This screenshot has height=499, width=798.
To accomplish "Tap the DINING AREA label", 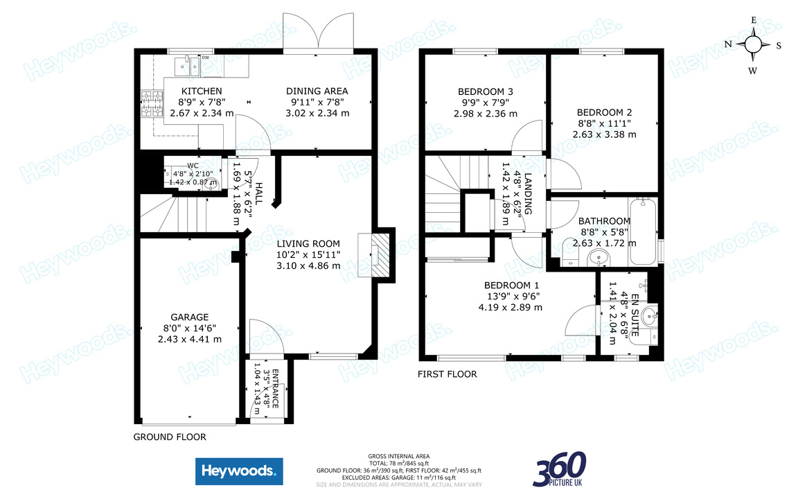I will pyautogui.click(x=317, y=91).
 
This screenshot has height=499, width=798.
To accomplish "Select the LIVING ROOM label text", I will pyautogui.click(x=308, y=243).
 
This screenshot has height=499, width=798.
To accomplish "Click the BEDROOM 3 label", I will pyautogui.click(x=486, y=91).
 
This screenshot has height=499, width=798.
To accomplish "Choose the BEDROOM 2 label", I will pyautogui.click(x=604, y=112).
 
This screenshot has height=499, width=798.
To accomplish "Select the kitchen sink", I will pyautogui.click(x=188, y=67).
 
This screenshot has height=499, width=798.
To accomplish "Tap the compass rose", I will pyautogui.click(x=752, y=45).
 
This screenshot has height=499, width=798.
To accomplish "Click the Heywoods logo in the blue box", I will pyautogui.click(x=239, y=472).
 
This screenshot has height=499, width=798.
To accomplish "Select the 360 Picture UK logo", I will pyautogui.click(x=559, y=469).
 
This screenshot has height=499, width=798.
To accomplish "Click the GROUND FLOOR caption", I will pyautogui.click(x=169, y=437).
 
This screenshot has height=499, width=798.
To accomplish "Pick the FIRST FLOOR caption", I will pyautogui.click(x=447, y=374).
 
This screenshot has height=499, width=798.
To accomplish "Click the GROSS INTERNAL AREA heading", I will pyautogui.click(x=398, y=456).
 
